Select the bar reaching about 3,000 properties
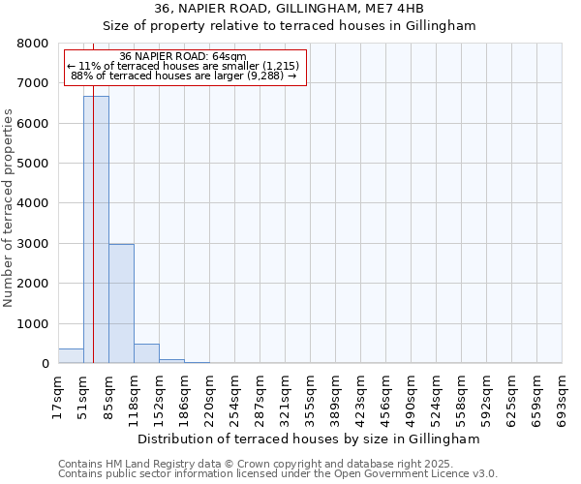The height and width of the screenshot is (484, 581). click(x=121, y=304)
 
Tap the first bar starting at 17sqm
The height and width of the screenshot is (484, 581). click(x=71, y=356)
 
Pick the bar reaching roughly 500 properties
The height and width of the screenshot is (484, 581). click(x=146, y=353)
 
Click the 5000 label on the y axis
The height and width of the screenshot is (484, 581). click(x=32, y=164)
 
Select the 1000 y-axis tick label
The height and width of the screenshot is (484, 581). click(x=32, y=324)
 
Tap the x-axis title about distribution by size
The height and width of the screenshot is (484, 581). click(x=308, y=439)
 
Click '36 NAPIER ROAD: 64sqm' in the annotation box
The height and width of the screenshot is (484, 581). click(x=184, y=57)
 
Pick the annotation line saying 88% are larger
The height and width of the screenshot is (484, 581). click(x=184, y=76)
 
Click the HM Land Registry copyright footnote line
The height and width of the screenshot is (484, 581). click(x=277, y=464)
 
